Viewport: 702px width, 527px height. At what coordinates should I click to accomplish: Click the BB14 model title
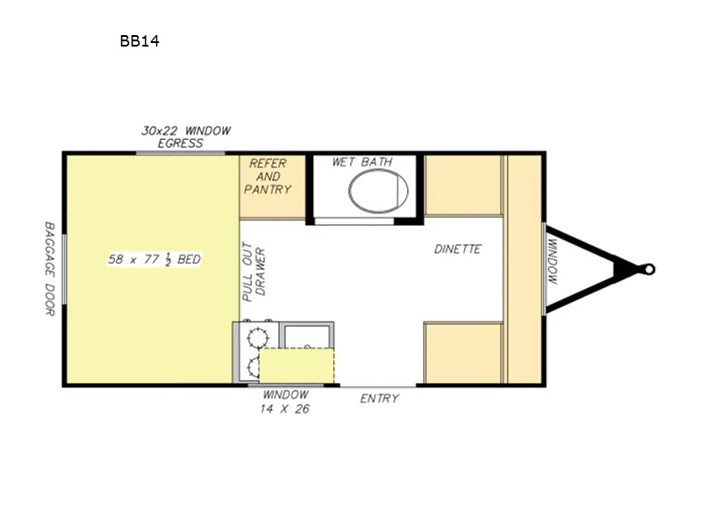click(140, 40)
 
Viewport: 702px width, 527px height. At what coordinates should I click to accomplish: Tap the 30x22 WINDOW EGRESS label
click(185, 137)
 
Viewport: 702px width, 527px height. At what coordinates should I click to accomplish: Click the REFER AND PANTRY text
click(269, 177)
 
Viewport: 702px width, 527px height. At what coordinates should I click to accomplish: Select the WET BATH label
click(362, 162)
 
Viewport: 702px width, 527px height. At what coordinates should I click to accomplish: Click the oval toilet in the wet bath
click(378, 191)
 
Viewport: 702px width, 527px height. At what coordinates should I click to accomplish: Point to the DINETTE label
click(457, 249)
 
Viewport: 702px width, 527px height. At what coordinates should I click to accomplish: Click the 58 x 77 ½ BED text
click(154, 259)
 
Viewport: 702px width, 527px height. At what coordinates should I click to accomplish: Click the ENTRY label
click(379, 399)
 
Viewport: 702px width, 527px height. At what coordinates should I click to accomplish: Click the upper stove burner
click(257, 335)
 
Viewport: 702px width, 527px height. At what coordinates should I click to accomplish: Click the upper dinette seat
click(463, 185)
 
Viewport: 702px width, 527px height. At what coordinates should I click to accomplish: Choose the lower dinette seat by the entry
click(462, 352)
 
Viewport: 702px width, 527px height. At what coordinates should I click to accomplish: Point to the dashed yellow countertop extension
click(297, 365)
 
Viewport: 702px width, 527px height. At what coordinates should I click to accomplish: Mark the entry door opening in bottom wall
click(378, 385)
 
